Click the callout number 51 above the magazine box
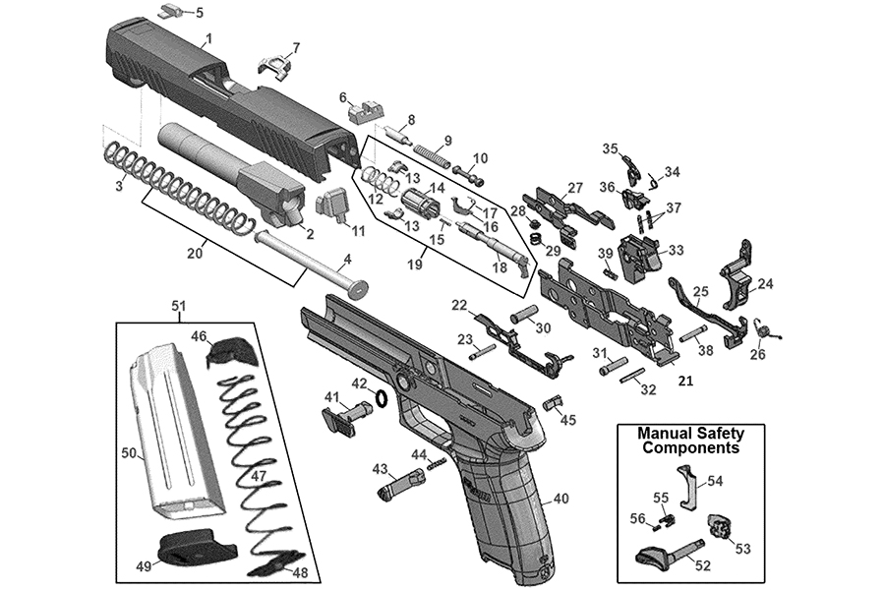coord(178,306)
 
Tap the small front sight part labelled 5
coord(169,11)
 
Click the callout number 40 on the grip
coord(560,499)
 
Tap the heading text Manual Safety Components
coord(690,440)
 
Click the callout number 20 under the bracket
coord(196,253)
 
